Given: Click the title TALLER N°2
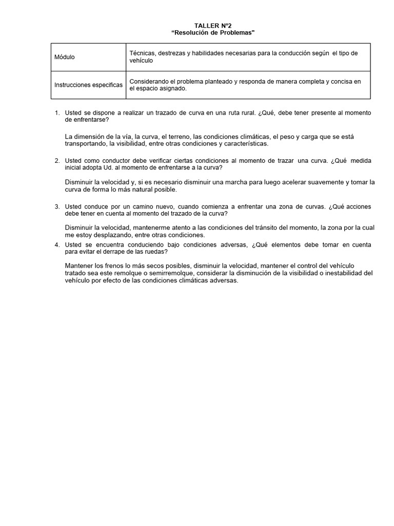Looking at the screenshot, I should pos(209,26).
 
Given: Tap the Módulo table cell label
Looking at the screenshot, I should pos(65,57).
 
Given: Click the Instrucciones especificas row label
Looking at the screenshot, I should pos(88,85).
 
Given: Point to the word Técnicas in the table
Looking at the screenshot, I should pos(143,53).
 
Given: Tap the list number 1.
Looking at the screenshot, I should pos(57,112).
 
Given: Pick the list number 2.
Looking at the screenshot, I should pos(57,161).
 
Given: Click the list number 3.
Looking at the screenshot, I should pos(57,206).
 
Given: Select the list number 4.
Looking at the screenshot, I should pos(57,245).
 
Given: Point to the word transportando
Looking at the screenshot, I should pos(86,144).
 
